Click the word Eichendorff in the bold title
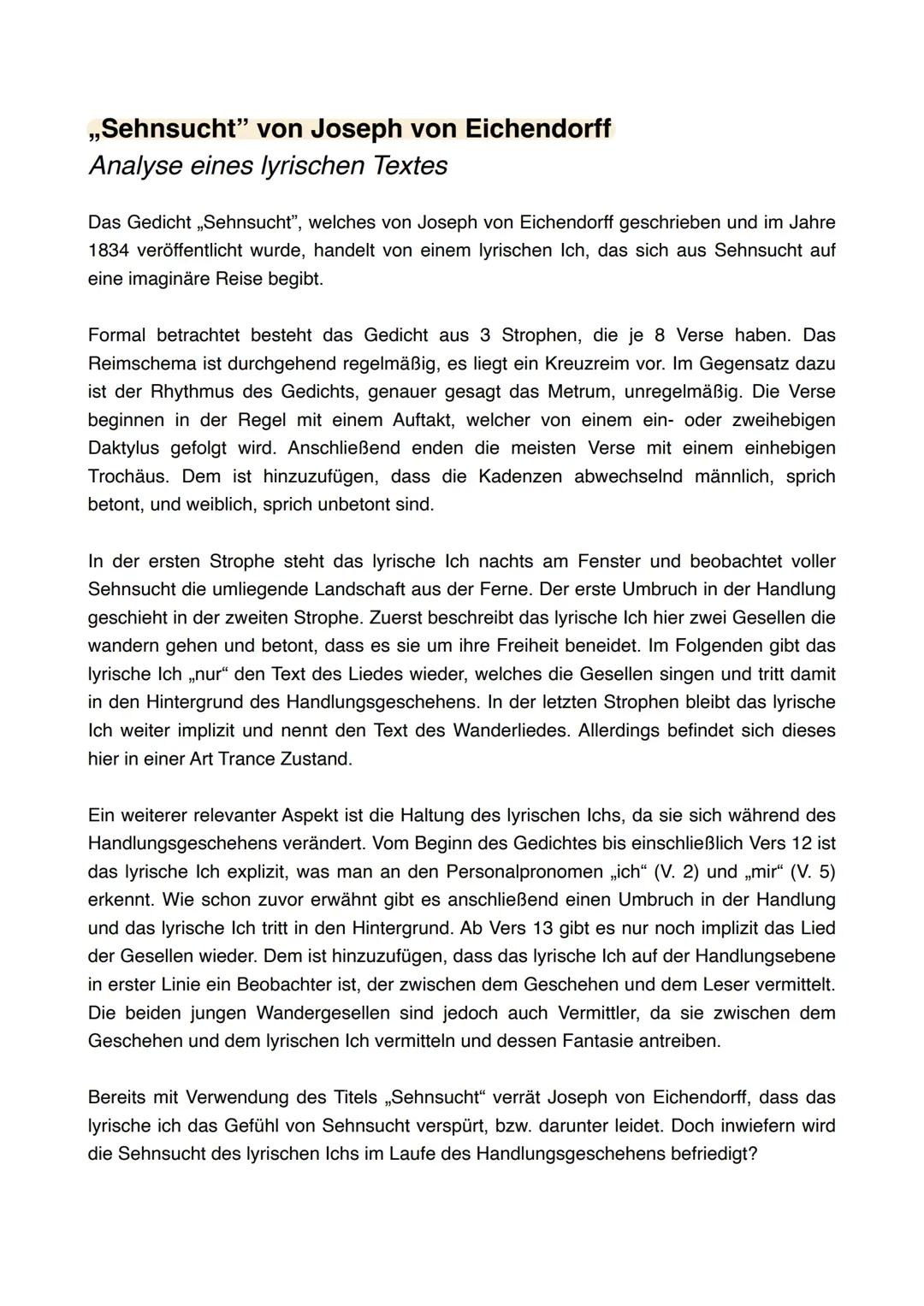click(538, 128)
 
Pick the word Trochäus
click(128, 476)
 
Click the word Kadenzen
click(518, 476)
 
